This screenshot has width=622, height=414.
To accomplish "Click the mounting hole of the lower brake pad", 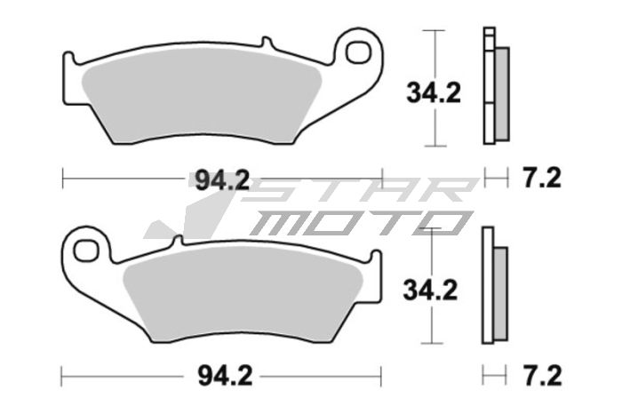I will click(x=85, y=248).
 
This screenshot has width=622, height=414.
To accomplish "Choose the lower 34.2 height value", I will click(x=432, y=289).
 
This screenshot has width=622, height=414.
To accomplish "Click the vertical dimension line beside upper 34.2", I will click(x=434, y=53).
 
